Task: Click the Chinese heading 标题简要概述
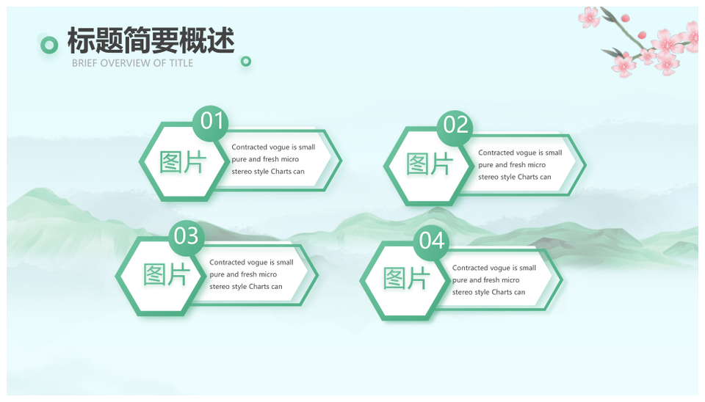point(151,40)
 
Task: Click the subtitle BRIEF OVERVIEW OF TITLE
point(133,63)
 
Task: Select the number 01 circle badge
point(211,123)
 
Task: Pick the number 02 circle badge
point(455,128)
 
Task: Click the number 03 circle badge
point(186,237)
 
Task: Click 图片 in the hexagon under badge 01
point(183,162)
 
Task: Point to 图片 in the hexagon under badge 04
point(406,279)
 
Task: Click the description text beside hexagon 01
point(273,159)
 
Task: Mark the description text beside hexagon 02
point(520,165)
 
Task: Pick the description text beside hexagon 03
point(251,274)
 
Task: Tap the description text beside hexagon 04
point(494,279)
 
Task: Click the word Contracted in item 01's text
point(247,147)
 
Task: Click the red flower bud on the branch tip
point(625,18)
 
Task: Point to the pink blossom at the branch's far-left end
point(589,17)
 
